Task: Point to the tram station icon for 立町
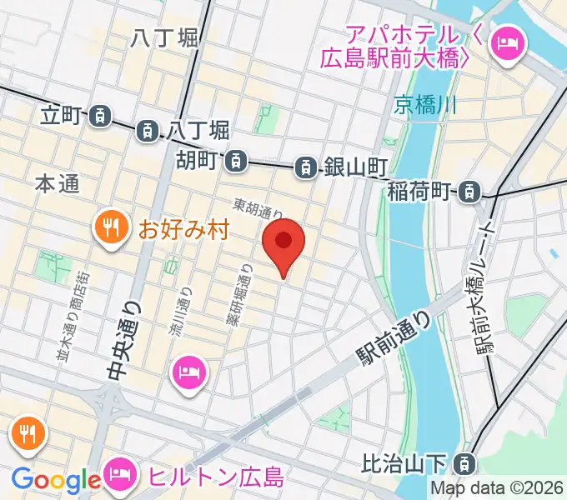point(100,116)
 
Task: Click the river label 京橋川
point(426,105)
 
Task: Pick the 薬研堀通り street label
point(238,293)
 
